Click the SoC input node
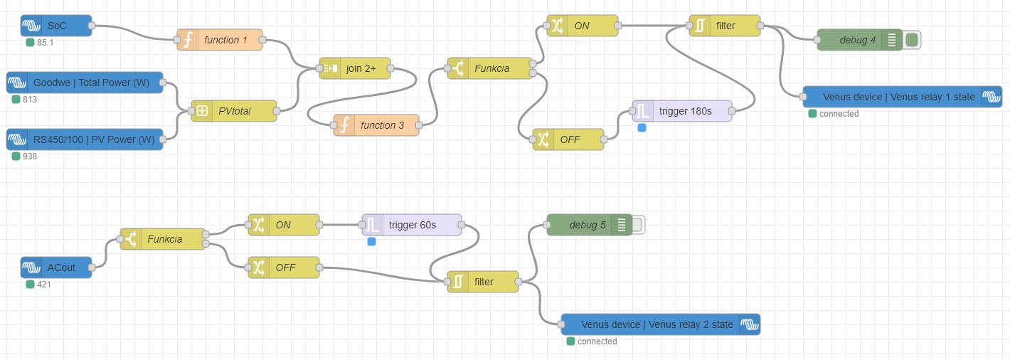pos(56,26)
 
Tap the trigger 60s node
pos(412,225)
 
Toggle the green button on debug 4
pos(912,40)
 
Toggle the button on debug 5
pos(638,226)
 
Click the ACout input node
pos(56,268)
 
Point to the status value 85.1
pos(46,43)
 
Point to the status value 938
pos(29,157)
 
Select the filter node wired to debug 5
pos(483,282)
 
